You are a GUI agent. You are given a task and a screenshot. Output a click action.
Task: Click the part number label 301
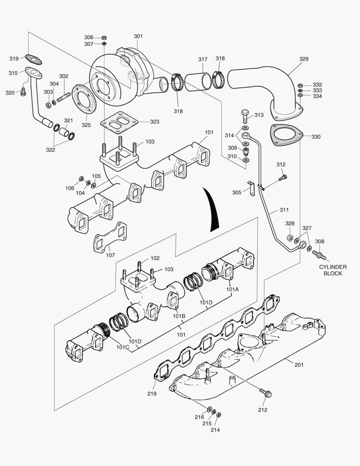[x=138, y=37]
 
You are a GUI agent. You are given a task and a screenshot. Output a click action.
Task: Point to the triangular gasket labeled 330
[x=286, y=133]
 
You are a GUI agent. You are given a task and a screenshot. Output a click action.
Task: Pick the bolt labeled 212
[x=264, y=393]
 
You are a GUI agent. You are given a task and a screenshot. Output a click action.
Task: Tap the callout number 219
[x=151, y=394]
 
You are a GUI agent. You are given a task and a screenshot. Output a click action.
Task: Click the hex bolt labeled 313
[x=244, y=115]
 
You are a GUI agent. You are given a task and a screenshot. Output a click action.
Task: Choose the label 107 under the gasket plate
[x=111, y=255]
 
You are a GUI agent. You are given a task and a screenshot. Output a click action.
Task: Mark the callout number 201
[x=299, y=365]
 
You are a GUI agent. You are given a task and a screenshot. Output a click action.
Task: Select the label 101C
[x=122, y=347]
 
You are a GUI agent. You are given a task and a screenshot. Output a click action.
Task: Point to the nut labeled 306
[x=104, y=38]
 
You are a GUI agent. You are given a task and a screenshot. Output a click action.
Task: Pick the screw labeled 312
[x=283, y=176]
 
